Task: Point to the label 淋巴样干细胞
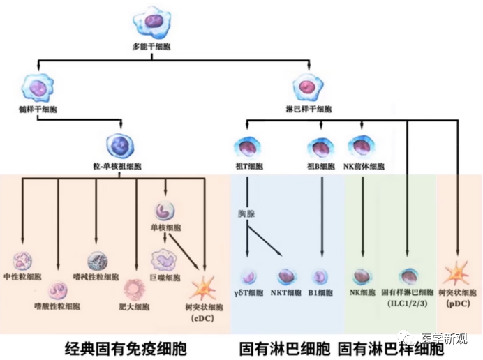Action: pos(309,110)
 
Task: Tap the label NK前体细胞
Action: pos(363,167)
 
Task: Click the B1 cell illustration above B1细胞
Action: pos(321,277)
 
